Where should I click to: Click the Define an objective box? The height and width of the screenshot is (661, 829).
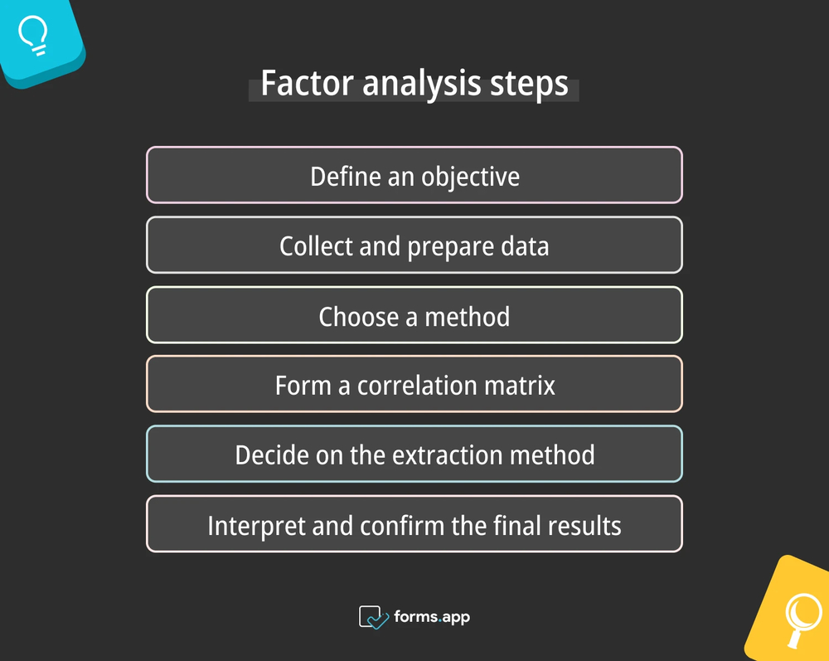click(414, 175)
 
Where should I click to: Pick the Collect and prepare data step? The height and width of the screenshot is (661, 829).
click(414, 245)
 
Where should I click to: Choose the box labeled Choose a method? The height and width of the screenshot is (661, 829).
click(414, 315)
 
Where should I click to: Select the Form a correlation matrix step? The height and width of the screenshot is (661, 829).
click(414, 385)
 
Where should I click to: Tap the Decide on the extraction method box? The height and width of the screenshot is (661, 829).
click(414, 454)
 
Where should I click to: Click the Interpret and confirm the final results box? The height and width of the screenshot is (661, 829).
click(414, 524)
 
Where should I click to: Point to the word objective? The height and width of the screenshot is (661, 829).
click(470, 177)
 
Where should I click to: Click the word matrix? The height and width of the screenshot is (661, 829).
click(523, 386)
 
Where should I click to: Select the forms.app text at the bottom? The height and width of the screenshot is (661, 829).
click(432, 617)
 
